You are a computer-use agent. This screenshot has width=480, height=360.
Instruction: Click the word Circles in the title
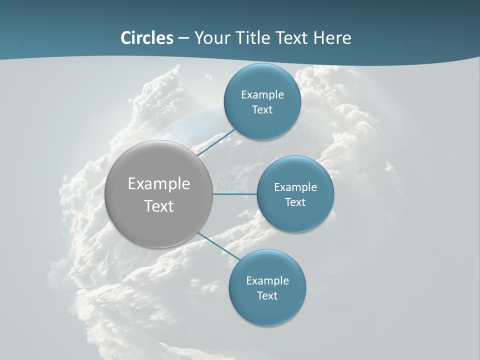point(147,38)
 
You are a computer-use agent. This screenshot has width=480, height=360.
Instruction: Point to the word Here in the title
point(332,38)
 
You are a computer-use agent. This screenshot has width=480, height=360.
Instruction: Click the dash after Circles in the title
point(183,38)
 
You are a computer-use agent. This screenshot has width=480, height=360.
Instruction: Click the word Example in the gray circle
point(159,183)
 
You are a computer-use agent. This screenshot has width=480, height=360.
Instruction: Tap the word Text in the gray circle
point(159,205)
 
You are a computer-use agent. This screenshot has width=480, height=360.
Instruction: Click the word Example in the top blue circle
point(262,94)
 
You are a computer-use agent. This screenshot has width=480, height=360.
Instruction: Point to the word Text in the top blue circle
point(262,109)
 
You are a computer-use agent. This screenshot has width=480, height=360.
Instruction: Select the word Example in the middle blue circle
point(295,187)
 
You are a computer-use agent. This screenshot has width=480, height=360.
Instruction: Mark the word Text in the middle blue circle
point(295,202)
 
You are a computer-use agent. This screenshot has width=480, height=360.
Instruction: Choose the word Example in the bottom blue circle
point(267,280)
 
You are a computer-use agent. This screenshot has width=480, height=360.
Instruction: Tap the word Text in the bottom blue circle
point(267,295)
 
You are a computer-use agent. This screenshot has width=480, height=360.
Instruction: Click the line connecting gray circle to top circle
point(216,142)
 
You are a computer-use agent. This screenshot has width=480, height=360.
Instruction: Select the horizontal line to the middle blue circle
point(235,194)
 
